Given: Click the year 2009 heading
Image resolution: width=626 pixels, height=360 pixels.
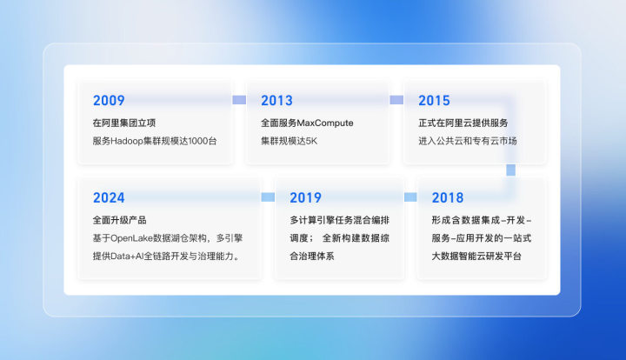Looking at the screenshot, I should point(109,101).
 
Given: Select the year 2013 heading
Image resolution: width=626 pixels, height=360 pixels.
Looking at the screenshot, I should point(276,101).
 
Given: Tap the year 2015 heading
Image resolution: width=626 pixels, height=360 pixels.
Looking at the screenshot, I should point(435,101).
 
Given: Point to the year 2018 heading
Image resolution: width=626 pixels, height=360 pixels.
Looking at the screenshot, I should point(447,197).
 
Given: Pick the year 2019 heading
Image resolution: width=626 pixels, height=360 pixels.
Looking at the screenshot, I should point(305,197).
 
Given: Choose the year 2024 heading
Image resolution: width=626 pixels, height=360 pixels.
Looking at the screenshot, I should point(109,197).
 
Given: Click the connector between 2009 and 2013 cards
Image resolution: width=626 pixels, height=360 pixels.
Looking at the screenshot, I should point(239,100).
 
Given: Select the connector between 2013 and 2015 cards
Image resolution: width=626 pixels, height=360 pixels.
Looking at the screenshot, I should point(396,100).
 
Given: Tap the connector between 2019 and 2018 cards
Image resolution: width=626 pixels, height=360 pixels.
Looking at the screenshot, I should point(410,197).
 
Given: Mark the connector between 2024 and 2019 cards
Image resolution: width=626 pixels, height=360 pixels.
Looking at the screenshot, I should point(268,197).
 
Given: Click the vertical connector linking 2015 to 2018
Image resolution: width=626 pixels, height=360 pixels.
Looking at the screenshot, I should point(511,168).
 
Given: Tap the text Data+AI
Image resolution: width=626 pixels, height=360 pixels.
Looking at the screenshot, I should point(130,257).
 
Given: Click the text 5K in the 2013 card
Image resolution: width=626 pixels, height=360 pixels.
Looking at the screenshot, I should point(310,140).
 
